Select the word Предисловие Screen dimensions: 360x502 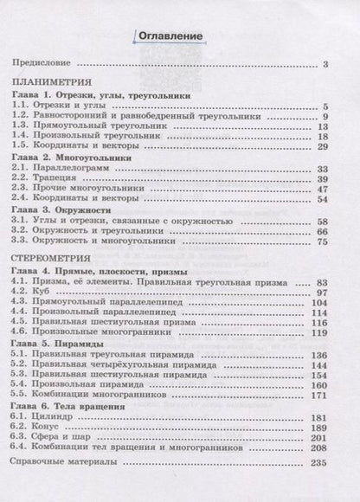(41, 64)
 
